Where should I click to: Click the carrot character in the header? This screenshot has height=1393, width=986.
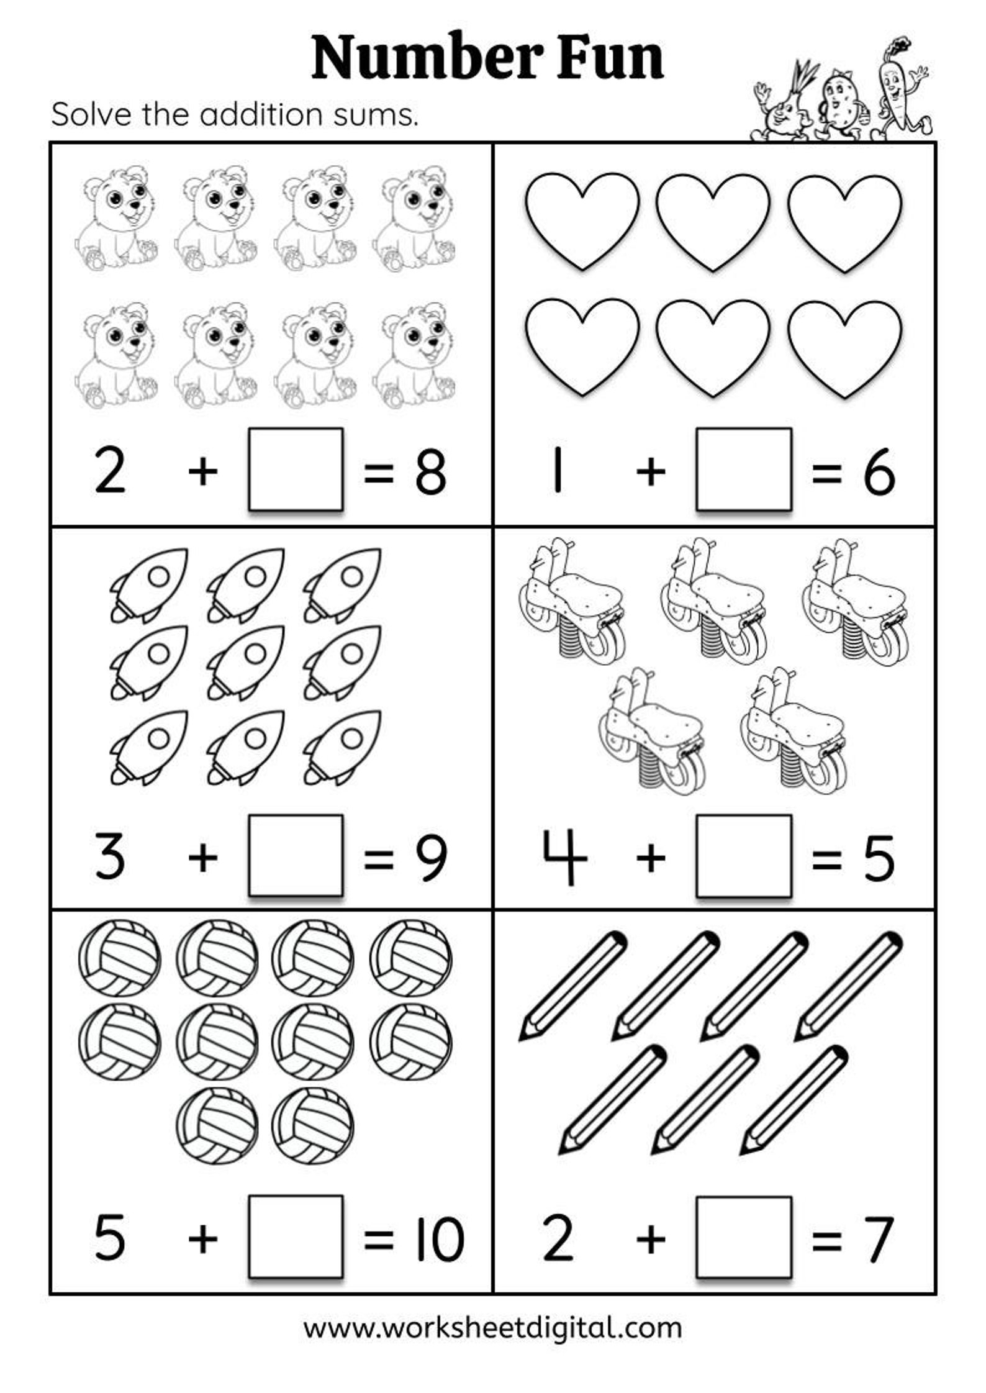(x=900, y=90)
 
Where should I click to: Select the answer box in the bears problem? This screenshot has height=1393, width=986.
(x=296, y=469)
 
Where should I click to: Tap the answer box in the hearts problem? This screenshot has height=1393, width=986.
(x=743, y=469)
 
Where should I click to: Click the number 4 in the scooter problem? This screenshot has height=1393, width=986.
(x=564, y=857)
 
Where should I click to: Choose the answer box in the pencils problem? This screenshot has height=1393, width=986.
(x=743, y=1236)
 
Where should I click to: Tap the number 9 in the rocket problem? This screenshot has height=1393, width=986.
(x=430, y=858)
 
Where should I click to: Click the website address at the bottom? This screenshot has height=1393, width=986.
(x=492, y=1327)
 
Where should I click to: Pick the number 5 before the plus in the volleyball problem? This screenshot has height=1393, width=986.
(x=110, y=1238)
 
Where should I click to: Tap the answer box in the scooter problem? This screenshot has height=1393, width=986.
(x=743, y=855)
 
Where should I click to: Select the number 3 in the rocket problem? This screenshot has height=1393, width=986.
(x=110, y=857)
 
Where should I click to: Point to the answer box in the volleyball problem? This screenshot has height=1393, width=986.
(x=296, y=1236)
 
